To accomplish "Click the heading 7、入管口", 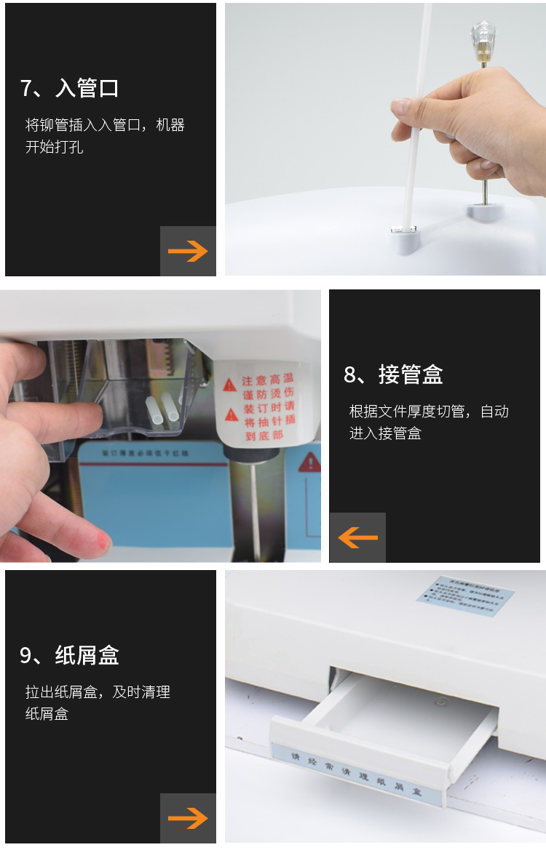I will pos(70,89).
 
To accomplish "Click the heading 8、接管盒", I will pos(393,375).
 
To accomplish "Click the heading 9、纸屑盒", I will pos(69,656).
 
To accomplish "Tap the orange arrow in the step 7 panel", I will pos(188,252).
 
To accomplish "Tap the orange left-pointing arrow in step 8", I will pos(357,538).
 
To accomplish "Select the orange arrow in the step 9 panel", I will pos(188,819).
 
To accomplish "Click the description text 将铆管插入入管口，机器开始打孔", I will pos(105,136).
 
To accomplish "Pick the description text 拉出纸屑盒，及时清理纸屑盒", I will pos(98,703).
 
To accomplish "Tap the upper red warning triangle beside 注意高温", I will pos(230,383).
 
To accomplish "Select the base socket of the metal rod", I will pos(484,212).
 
